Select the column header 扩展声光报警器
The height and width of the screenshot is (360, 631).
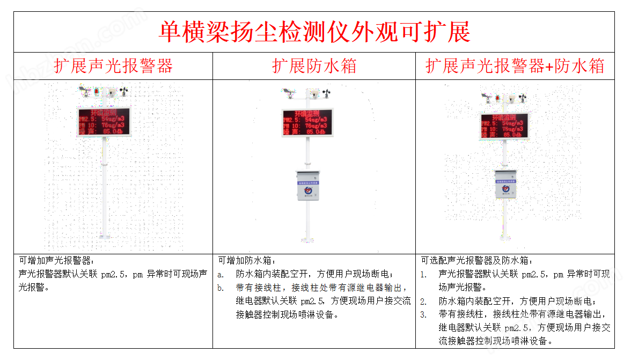(x=113, y=66)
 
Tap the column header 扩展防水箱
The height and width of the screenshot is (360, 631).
(x=314, y=66)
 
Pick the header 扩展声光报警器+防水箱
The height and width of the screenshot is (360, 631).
(x=515, y=66)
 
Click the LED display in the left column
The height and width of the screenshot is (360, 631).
(x=104, y=122)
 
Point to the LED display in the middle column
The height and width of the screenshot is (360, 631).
(x=307, y=122)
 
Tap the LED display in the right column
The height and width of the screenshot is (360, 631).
(x=504, y=126)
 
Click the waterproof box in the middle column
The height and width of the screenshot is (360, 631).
(x=308, y=186)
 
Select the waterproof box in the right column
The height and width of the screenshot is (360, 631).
(x=505, y=184)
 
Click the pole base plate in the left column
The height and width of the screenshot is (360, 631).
(x=104, y=236)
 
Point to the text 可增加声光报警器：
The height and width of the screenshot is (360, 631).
(x=56, y=261)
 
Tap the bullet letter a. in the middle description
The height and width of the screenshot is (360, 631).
(x=221, y=274)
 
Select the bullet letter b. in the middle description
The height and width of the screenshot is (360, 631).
(x=221, y=288)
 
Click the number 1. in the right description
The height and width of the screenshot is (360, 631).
(x=424, y=274)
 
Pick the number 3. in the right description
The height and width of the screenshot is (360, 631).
(x=424, y=314)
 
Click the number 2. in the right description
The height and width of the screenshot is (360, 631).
(x=424, y=302)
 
